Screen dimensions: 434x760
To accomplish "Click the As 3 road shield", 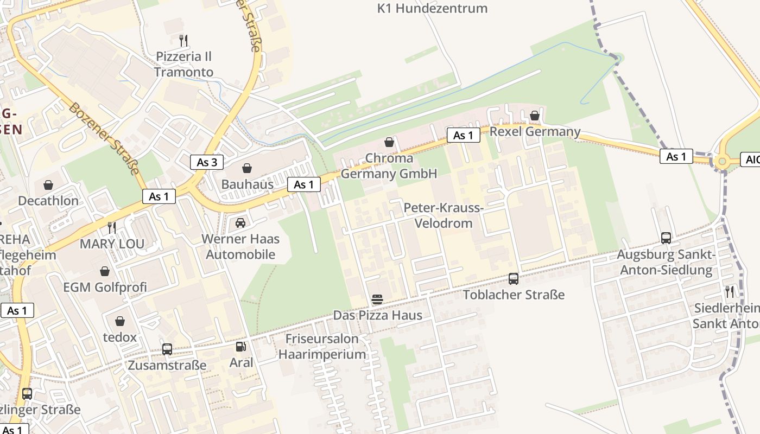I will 207,162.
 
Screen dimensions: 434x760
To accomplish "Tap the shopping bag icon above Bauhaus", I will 247,168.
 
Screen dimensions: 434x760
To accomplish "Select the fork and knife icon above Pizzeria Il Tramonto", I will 183,40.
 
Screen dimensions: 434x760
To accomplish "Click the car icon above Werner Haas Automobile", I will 240,222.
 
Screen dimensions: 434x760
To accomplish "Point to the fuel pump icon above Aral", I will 240,346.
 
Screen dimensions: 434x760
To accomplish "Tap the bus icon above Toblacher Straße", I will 514,279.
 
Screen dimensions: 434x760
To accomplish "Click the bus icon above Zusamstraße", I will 167,349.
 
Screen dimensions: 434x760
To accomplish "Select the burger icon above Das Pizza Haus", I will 377,299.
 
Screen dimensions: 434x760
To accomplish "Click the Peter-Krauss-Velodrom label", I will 444,216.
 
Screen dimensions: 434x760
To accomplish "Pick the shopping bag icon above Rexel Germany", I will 535,116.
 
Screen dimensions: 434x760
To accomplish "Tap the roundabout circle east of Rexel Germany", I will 722,161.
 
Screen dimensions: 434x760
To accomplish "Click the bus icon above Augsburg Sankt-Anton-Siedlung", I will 666,238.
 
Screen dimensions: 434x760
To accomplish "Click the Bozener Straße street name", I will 103,139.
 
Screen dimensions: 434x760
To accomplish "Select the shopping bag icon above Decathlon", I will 48,185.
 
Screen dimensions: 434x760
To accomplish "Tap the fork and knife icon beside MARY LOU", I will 112,227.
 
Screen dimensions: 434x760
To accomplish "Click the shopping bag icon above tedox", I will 119,322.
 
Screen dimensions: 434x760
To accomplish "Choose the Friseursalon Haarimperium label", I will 322,347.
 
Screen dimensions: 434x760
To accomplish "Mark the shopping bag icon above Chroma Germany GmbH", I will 389,143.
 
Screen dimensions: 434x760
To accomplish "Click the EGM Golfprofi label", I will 105,288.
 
